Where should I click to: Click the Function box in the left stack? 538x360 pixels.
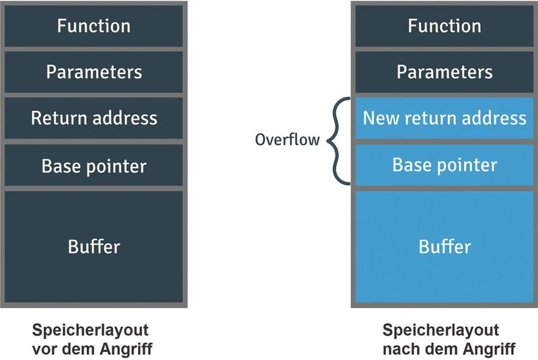point(93,26)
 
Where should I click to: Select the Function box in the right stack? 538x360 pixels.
point(445,26)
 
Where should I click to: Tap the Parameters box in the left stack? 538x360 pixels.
point(93,72)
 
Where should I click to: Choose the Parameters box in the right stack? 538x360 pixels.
point(445,72)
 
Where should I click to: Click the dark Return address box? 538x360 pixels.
point(93,118)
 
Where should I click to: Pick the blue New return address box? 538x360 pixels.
point(445,118)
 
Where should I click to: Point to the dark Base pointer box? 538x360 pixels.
point(93,166)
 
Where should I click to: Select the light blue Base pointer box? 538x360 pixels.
point(445,166)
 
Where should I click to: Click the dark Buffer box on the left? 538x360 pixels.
point(93,246)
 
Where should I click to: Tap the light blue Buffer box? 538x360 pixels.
point(445,246)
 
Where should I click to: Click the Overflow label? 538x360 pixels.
point(286,141)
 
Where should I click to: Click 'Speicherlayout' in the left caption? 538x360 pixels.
point(90,331)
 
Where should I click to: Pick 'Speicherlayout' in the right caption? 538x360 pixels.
point(441,331)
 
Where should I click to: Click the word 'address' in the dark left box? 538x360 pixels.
point(125,118)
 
